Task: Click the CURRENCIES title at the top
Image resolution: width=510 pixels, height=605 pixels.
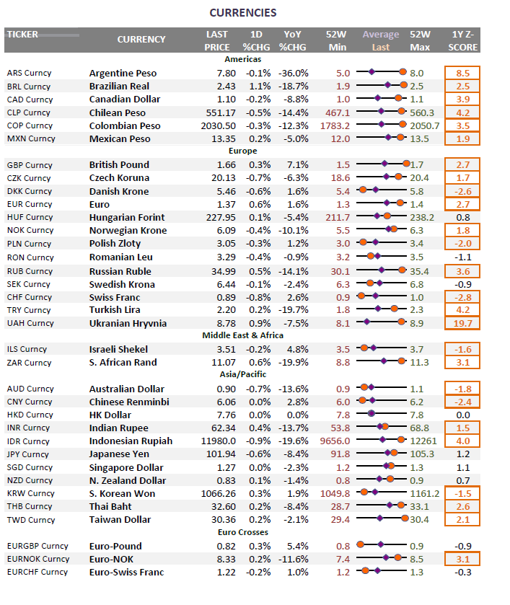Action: [243, 13]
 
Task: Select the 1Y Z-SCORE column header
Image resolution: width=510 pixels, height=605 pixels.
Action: [462, 40]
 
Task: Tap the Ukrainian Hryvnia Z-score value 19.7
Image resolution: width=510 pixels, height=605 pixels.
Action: [462, 323]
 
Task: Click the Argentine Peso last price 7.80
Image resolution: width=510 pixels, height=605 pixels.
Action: [227, 74]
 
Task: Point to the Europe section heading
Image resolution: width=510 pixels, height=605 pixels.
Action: [243, 151]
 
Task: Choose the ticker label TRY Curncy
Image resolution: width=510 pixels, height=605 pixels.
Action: [29, 310]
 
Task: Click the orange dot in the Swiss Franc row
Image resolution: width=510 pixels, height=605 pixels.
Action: [361, 296]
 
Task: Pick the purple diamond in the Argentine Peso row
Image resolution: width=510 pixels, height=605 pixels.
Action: [371, 72]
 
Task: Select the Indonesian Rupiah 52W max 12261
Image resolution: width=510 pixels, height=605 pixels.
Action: [423, 441]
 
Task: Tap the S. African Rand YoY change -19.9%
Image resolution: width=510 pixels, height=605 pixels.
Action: [293, 363]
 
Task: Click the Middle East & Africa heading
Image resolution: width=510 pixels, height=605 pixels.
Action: [243, 335]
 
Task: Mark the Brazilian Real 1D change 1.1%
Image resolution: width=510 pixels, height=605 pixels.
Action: [260, 87]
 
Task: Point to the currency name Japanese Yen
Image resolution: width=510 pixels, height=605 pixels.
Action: [119, 454]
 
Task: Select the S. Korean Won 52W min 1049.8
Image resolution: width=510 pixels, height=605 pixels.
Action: [335, 493]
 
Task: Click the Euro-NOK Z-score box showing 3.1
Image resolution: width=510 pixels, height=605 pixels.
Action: [462, 559]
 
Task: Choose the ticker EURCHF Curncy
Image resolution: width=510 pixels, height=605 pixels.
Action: [37, 573]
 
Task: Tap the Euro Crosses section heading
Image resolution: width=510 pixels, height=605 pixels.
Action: [243, 532]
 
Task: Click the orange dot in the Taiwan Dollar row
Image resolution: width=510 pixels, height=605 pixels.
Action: [405, 518]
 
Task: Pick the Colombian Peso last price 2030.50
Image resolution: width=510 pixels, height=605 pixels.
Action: [218, 126]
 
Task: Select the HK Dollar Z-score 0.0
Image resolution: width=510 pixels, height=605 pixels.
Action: [463, 415]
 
